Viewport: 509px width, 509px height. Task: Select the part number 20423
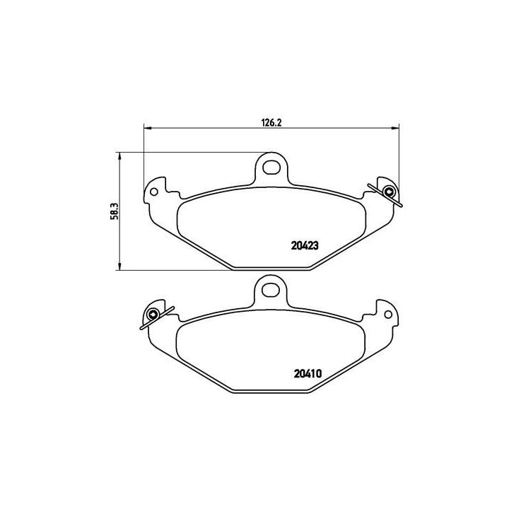[x=306, y=247]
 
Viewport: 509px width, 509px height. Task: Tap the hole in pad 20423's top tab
[x=271, y=168]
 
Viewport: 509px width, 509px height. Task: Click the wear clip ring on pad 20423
[x=388, y=192]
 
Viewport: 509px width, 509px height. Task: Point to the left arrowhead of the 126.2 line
[x=147, y=128]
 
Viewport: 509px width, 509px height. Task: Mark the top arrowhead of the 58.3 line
[x=119, y=156]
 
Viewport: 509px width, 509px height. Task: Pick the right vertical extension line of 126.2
[x=399, y=156]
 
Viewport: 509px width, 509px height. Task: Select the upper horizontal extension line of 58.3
[x=184, y=152]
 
